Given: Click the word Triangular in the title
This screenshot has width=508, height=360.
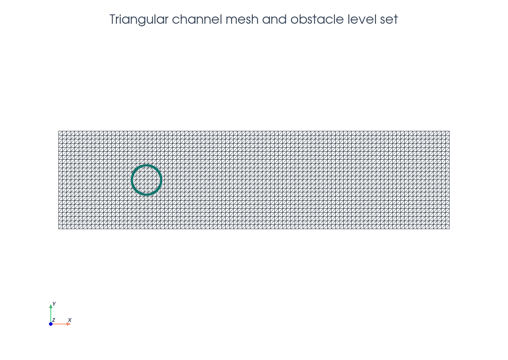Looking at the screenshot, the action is [139, 20].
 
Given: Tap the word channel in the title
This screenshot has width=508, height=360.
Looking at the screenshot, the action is [197, 19].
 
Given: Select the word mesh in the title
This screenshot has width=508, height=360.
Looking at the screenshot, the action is [242, 19].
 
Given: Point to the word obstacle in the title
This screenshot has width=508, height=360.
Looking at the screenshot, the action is [317, 19].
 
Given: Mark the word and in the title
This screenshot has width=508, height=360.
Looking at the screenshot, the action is [274, 19].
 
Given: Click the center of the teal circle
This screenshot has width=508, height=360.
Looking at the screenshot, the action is [146, 180].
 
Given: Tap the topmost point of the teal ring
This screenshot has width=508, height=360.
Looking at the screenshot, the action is [146, 165].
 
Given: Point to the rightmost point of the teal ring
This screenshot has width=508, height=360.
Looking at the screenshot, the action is [161, 180].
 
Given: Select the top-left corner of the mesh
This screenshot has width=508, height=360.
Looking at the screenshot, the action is [58, 131].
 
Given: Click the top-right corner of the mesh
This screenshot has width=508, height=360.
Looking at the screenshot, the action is [450, 131].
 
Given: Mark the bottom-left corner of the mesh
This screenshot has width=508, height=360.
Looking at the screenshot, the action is [58, 229].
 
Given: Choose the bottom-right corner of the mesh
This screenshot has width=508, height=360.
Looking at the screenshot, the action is [450, 229].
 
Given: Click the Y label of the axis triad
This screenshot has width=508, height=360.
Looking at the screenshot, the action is [54, 304].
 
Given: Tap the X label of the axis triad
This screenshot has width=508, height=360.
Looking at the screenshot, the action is [70, 320].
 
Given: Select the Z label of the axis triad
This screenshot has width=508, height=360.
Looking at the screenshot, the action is [54, 320].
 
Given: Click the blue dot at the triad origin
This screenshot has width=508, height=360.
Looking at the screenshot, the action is [51, 324].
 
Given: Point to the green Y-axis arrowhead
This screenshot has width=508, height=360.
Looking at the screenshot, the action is [51, 306].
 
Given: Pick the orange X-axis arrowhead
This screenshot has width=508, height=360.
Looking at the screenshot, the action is [69, 324].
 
